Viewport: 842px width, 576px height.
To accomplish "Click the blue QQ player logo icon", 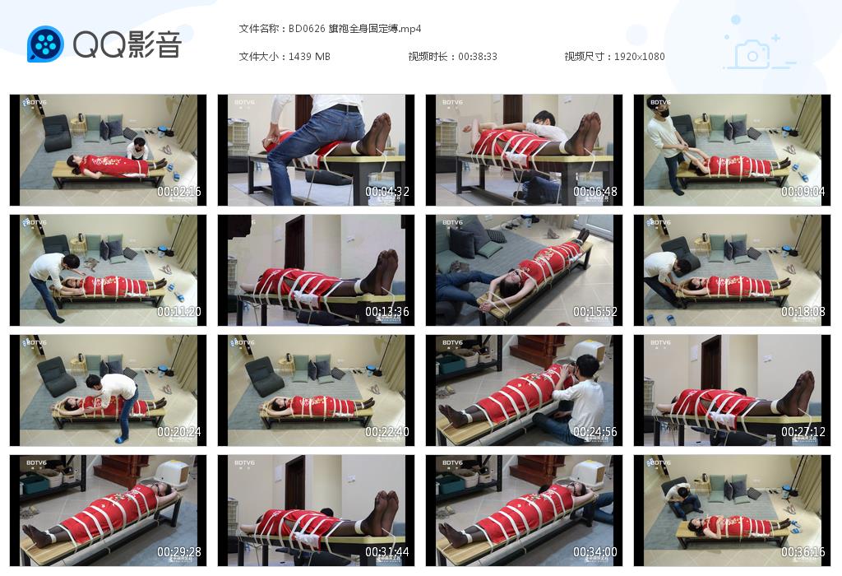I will tap(45, 44).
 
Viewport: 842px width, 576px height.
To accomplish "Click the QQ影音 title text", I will tap(127, 44).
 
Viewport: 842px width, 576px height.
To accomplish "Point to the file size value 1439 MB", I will tap(310, 56).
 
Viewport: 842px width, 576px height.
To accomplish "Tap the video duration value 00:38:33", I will tap(478, 56).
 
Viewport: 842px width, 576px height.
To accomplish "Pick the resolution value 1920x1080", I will tap(640, 56).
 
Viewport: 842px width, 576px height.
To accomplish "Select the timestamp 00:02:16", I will tap(178, 193).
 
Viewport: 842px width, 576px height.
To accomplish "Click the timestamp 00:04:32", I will tap(386, 193).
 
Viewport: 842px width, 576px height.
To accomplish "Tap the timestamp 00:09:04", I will tap(803, 193).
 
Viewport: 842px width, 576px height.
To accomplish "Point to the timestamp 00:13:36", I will tap(386, 313).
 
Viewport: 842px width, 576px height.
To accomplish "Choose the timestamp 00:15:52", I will tap(594, 313).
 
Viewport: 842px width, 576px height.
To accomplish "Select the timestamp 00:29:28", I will tap(178, 553).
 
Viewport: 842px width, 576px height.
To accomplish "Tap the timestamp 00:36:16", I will tap(803, 553).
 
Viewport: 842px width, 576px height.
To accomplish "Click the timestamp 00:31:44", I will tap(386, 553).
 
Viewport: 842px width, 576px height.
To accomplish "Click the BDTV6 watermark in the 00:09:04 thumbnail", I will tap(659, 103).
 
